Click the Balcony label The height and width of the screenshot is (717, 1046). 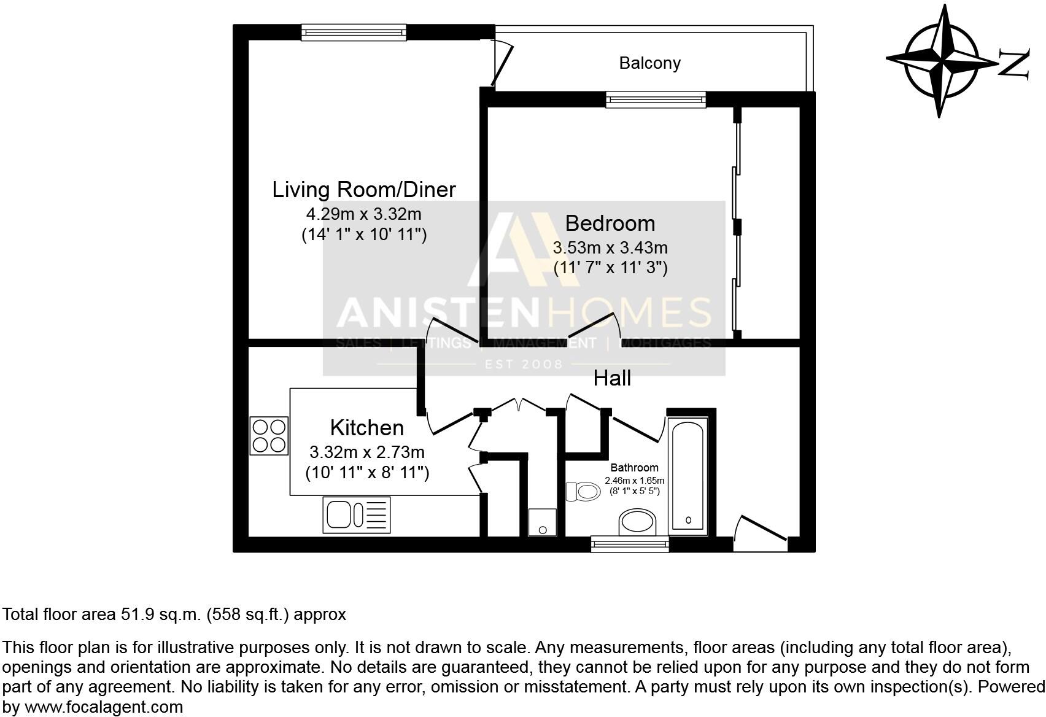649,63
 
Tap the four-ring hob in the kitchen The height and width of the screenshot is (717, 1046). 269,435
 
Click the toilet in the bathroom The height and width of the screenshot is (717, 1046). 584,491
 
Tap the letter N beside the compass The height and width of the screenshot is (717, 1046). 1013,64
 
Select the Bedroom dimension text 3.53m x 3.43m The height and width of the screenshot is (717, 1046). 610,248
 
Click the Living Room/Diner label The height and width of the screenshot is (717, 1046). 364,190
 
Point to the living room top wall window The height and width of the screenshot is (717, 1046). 354,32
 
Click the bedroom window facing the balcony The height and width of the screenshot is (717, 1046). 655,99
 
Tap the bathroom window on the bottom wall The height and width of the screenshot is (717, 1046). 630,544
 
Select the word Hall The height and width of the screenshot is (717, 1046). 612,379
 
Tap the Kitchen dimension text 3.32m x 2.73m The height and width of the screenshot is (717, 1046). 367,453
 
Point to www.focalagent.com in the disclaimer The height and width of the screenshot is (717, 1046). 104,707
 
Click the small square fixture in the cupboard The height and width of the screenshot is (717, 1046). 542,522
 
